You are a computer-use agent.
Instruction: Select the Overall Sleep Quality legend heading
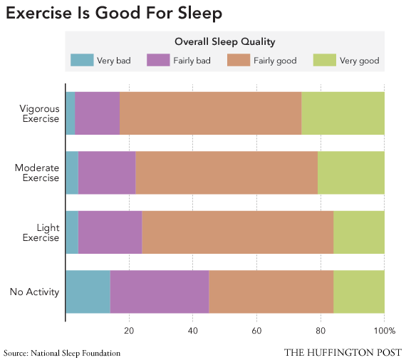224,42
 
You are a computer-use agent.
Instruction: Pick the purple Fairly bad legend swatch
157,61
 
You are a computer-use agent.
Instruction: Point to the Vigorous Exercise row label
40,113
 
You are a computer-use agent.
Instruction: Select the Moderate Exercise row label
37,173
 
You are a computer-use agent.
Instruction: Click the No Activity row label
33,292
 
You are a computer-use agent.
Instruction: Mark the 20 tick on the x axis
129,331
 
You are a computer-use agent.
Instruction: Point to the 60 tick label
256,331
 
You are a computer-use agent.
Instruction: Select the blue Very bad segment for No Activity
87,292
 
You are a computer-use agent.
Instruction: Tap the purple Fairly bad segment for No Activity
159,292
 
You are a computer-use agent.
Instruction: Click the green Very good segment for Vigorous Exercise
343,113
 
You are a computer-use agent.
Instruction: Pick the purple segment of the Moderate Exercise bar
106,173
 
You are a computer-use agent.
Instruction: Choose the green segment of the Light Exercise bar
358,232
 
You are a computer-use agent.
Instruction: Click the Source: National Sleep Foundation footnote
62,353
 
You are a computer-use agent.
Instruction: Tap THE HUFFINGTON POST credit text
343,352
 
